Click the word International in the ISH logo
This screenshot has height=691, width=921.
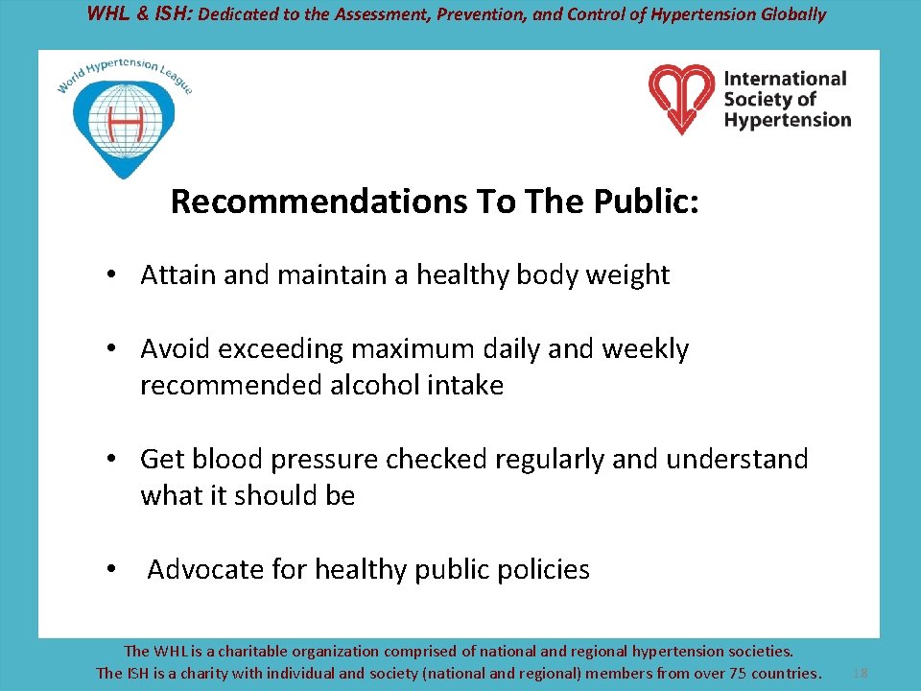click(x=786, y=79)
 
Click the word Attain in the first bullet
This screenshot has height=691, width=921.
click(x=178, y=275)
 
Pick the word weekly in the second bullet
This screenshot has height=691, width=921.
click(x=645, y=349)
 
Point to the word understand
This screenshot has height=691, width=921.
click(x=737, y=460)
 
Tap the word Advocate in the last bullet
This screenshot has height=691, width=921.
click(x=205, y=570)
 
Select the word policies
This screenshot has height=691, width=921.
click(x=544, y=570)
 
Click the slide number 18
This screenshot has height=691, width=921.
click(x=861, y=673)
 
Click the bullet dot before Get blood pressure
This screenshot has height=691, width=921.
click(x=112, y=460)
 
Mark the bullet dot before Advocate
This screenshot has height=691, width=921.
click(x=112, y=570)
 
